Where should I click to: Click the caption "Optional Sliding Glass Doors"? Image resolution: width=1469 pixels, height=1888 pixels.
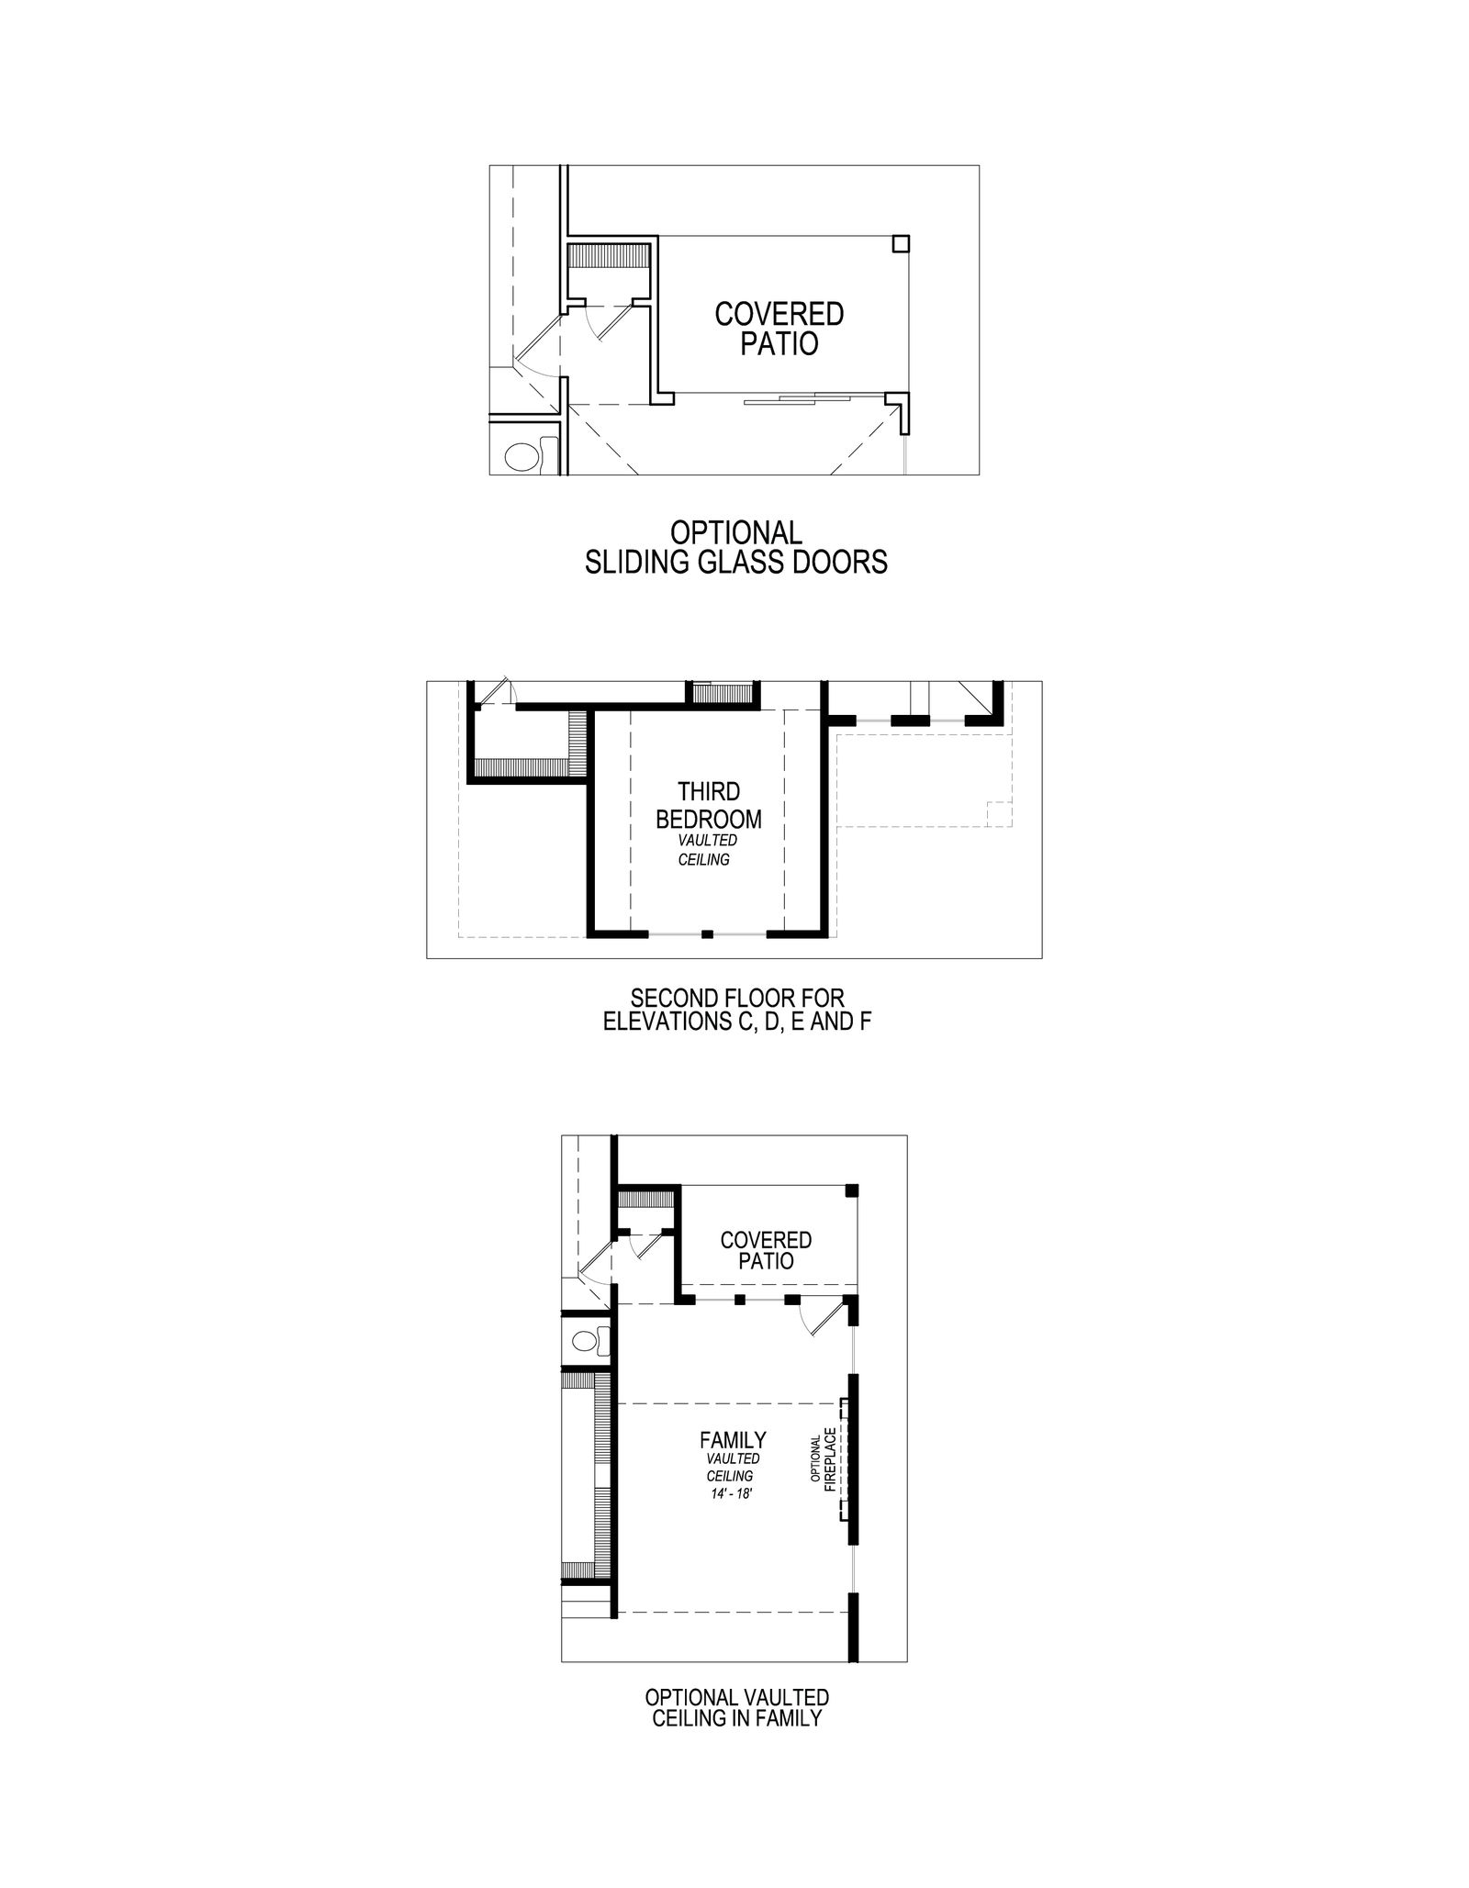(736, 547)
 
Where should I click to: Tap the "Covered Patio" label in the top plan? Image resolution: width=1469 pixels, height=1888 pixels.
(779, 329)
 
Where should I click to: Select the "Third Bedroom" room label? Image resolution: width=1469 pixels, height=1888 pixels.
(709, 804)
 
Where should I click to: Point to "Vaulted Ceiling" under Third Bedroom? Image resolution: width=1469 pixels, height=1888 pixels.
(708, 850)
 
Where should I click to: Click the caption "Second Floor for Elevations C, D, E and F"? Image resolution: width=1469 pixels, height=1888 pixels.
(736, 1010)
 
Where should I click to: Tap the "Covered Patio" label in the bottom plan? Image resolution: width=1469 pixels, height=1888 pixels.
(766, 1250)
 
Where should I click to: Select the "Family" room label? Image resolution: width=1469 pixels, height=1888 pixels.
(733, 1440)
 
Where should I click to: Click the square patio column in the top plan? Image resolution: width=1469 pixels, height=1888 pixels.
(902, 243)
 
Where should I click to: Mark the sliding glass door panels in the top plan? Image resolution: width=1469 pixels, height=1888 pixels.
(799, 397)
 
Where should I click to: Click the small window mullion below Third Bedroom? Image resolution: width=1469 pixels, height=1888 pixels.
(707, 934)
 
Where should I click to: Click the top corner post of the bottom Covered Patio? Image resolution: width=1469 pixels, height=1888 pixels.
(851, 1190)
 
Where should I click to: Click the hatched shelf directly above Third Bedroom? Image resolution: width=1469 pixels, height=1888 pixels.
(722, 693)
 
